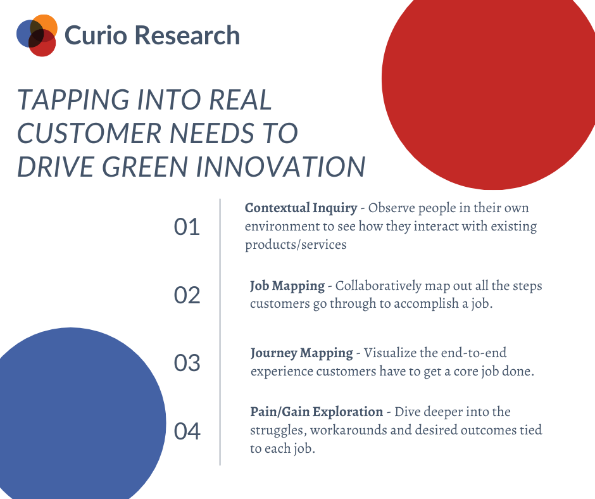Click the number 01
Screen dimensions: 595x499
pos(187,227)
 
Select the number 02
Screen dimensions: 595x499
pos(187,295)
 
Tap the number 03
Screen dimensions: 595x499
pos(187,363)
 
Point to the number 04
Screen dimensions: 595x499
pos(187,431)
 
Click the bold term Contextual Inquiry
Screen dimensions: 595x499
pos(301,208)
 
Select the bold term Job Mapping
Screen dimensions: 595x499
pos(287,286)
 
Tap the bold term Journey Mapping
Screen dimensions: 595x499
pos(302,353)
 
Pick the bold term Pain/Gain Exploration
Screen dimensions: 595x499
pos(316,412)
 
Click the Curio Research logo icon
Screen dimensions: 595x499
pos(37,35)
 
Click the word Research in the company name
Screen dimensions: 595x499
pos(187,35)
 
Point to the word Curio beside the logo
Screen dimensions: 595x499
pos(96,35)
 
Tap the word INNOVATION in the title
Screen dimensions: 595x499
pos(280,167)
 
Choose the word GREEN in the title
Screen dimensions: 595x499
pos(145,167)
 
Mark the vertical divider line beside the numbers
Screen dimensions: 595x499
pos(220,332)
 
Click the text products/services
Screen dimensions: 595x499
pos(296,244)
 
